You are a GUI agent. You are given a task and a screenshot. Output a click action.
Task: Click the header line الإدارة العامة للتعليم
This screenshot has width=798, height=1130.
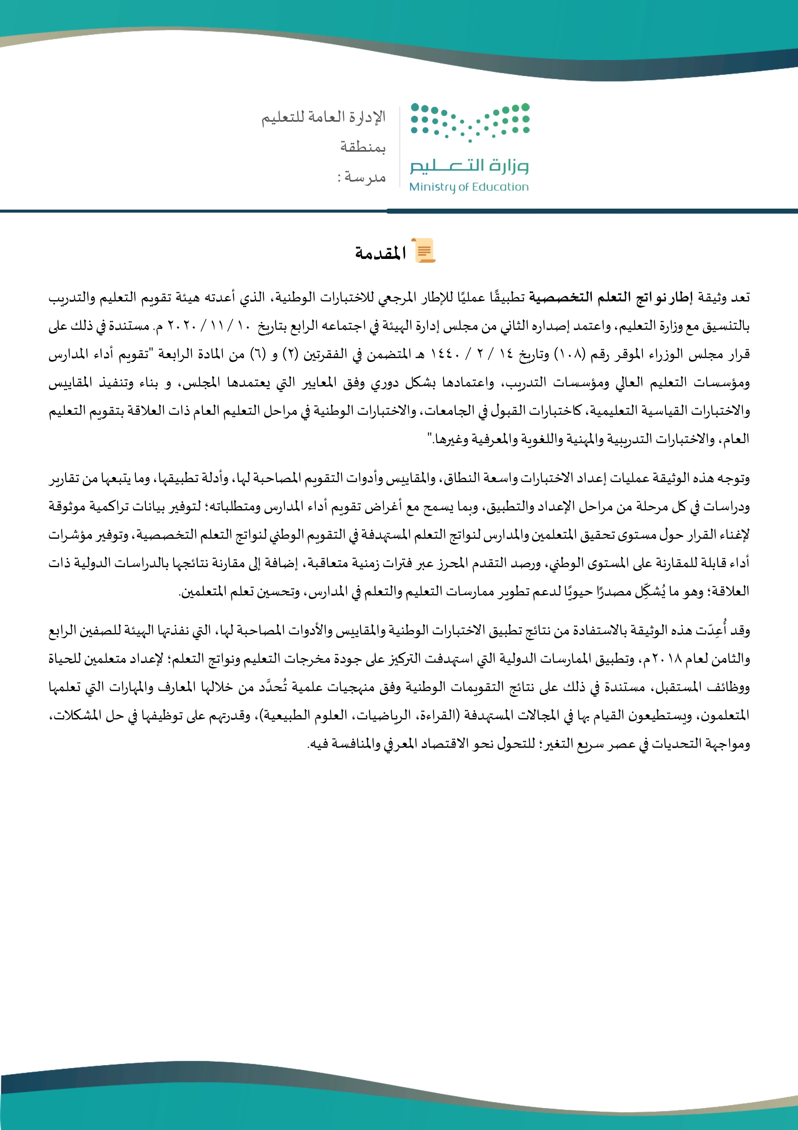pyautogui.click(x=324, y=118)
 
